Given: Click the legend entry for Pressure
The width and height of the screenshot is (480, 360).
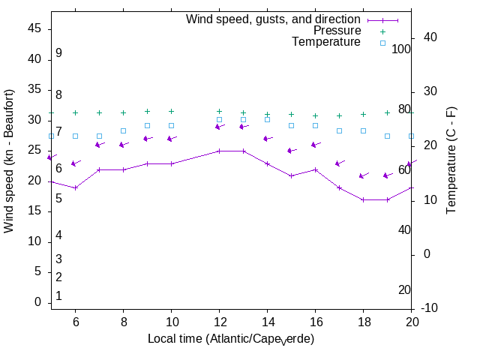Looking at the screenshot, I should pyautogui.click(x=337, y=31).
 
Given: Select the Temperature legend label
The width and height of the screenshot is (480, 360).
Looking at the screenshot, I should pyautogui.click(x=326, y=42).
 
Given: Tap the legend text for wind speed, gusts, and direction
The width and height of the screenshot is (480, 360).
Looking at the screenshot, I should pyautogui.click(x=273, y=19).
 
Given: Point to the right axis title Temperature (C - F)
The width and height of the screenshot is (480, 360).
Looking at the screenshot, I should pyautogui.click(x=451, y=160).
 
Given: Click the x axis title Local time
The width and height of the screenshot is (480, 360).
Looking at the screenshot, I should pyautogui.click(x=230, y=339).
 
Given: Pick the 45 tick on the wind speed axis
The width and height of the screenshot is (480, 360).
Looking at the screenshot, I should pyautogui.click(x=34, y=28).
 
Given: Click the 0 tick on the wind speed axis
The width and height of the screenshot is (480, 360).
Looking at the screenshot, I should pyautogui.click(x=38, y=302).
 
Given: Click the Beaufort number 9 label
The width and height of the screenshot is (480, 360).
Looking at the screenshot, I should pyautogui.click(x=58, y=53).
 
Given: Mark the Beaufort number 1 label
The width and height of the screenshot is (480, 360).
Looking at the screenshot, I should pyautogui.click(x=58, y=296).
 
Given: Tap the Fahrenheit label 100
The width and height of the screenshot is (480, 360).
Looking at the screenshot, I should pyautogui.click(x=402, y=49).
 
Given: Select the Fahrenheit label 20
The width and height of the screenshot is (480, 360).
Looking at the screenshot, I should pyautogui.click(x=404, y=290).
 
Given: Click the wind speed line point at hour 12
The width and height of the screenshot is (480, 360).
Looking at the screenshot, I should pyautogui.click(x=219, y=151).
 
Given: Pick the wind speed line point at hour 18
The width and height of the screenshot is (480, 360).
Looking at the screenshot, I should pyautogui.click(x=363, y=199).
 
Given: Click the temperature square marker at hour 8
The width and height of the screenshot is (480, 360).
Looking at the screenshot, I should pyautogui.click(x=123, y=130).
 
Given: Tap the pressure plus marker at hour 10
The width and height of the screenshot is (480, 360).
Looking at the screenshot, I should pyautogui.click(x=171, y=111).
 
